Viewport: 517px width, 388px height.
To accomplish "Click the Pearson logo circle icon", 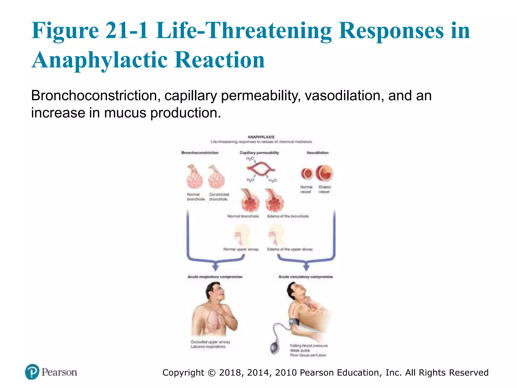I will (x=32, y=372).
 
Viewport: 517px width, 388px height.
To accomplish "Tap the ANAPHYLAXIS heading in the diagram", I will (x=261, y=137).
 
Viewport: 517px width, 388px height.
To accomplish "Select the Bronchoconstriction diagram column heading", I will (x=200, y=153).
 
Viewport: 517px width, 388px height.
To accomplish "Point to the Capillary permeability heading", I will (x=259, y=153).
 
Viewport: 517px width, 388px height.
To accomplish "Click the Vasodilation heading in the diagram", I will (x=318, y=153).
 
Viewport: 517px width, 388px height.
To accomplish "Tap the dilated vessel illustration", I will (x=324, y=173).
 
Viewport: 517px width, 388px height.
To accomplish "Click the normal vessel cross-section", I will (x=307, y=174).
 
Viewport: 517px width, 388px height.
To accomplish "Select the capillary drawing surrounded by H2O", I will (x=261, y=169).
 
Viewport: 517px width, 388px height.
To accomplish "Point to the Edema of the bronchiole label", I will (x=288, y=216).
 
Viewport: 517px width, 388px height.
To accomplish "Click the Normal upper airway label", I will (x=241, y=249).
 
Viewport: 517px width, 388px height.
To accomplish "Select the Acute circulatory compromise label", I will (x=305, y=277).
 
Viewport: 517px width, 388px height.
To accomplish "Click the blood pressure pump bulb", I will (x=275, y=348).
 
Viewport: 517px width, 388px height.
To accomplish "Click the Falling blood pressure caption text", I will (x=309, y=346).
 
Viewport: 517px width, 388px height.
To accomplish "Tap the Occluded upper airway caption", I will (x=210, y=342).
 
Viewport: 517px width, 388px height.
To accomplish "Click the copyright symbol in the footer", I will (x=212, y=373).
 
